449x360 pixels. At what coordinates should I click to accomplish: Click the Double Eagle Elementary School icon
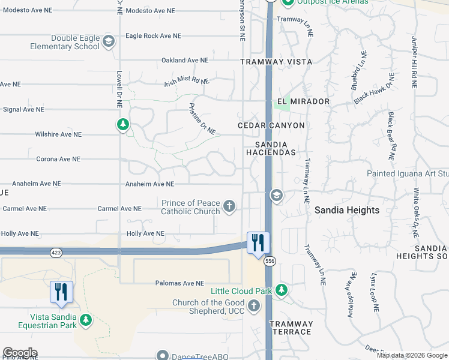coord(109,41)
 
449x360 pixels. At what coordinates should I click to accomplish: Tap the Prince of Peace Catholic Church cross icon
coord(229,207)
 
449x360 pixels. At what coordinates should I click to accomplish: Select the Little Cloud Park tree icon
coord(282,291)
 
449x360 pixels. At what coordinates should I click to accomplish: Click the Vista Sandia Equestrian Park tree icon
coord(86,321)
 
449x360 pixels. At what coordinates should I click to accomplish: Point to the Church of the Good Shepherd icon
coord(254,307)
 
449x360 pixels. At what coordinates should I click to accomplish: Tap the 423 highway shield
coord(56,253)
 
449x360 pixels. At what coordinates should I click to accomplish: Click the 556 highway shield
coord(270,261)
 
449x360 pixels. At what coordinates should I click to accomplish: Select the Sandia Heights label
coord(347,210)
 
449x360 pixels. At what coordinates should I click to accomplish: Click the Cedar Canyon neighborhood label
coord(271,125)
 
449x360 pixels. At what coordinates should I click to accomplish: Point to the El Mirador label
coord(303,101)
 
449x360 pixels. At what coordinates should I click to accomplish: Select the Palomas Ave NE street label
coord(179,283)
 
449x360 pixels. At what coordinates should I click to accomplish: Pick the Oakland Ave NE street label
coord(184,61)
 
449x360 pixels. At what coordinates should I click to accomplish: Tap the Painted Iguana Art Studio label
coord(408,174)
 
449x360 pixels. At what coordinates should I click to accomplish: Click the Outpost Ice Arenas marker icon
coord(287,2)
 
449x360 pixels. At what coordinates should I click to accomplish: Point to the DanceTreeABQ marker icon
coord(161,356)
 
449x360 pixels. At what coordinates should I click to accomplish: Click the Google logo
coord(20,353)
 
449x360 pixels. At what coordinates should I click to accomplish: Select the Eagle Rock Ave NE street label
coord(153,36)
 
